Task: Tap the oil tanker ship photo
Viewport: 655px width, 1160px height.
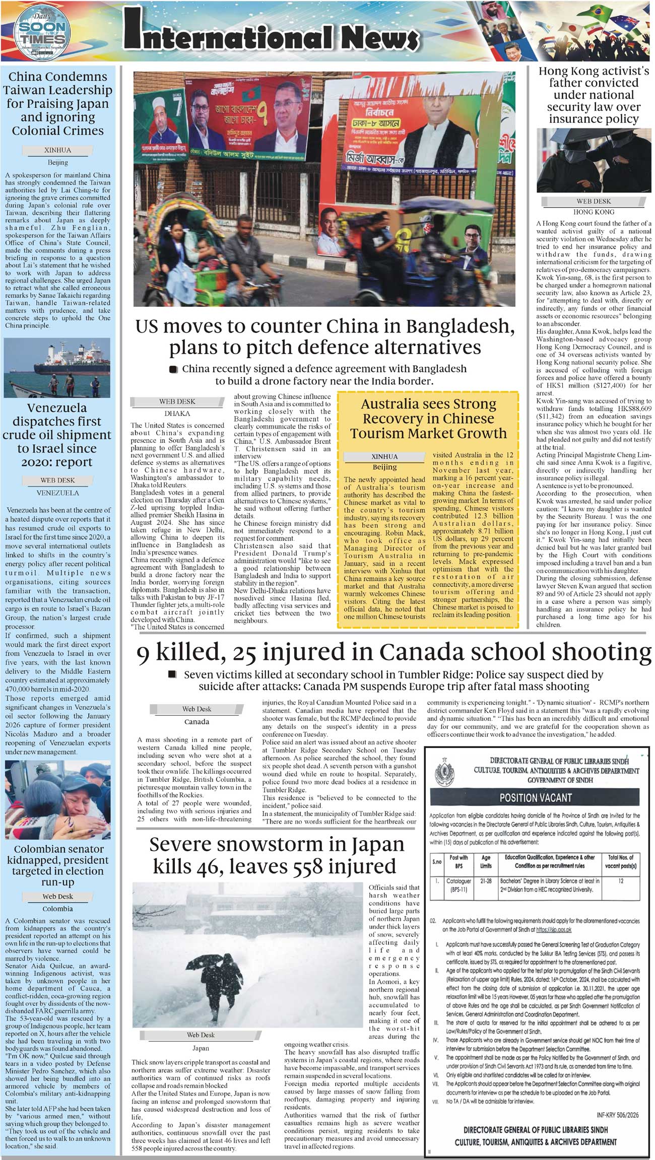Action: tap(57, 368)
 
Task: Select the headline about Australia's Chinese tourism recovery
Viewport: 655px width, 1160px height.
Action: tap(428, 419)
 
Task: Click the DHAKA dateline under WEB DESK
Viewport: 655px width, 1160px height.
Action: tap(177, 414)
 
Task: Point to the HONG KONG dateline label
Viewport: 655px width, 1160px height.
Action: tap(594, 212)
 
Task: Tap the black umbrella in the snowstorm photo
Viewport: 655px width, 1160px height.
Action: tap(204, 961)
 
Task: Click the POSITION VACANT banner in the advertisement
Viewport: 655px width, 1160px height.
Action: tap(535, 798)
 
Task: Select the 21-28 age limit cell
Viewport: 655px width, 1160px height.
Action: tap(486, 881)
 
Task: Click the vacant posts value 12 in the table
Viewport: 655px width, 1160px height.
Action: tap(620, 881)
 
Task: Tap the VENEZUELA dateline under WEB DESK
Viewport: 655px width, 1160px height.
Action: tap(57, 493)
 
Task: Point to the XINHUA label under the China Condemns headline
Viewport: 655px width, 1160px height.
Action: tap(57, 150)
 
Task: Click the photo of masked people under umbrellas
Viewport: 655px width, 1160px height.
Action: tap(594, 160)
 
